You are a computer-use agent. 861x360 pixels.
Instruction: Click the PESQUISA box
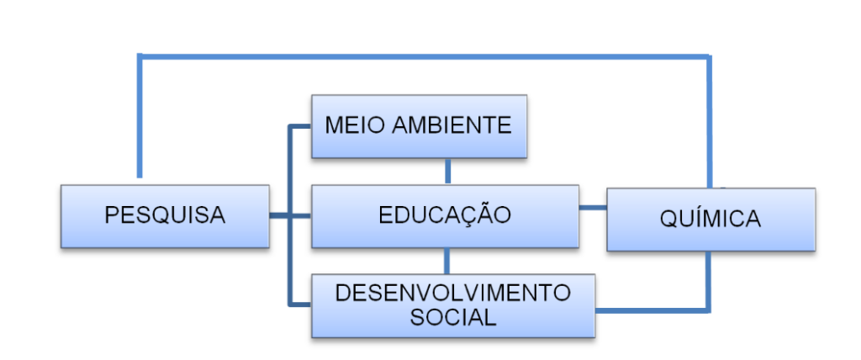(165, 216)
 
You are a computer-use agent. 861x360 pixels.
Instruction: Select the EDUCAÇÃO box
(444, 216)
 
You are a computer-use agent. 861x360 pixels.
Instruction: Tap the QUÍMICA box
(710, 220)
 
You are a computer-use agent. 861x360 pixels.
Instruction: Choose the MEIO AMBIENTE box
(419, 127)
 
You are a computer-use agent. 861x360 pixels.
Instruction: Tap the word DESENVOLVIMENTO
(452, 294)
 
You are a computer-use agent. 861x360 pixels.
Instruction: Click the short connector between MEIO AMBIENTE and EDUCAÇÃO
(447, 171)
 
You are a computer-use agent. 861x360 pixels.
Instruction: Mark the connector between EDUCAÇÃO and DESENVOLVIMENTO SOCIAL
(447, 261)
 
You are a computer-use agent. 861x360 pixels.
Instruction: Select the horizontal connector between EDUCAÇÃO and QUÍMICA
(593, 207)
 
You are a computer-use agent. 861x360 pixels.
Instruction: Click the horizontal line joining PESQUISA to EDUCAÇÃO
(290, 216)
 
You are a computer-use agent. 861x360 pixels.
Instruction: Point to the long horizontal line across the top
(420, 56)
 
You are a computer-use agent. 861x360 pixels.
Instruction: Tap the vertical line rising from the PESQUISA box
(140, 118)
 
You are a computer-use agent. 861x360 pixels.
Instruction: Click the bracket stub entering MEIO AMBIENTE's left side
(300, 127)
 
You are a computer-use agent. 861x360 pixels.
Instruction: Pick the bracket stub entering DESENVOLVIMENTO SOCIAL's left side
(300, 304)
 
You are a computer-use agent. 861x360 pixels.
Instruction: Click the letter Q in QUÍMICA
(669, 220)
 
